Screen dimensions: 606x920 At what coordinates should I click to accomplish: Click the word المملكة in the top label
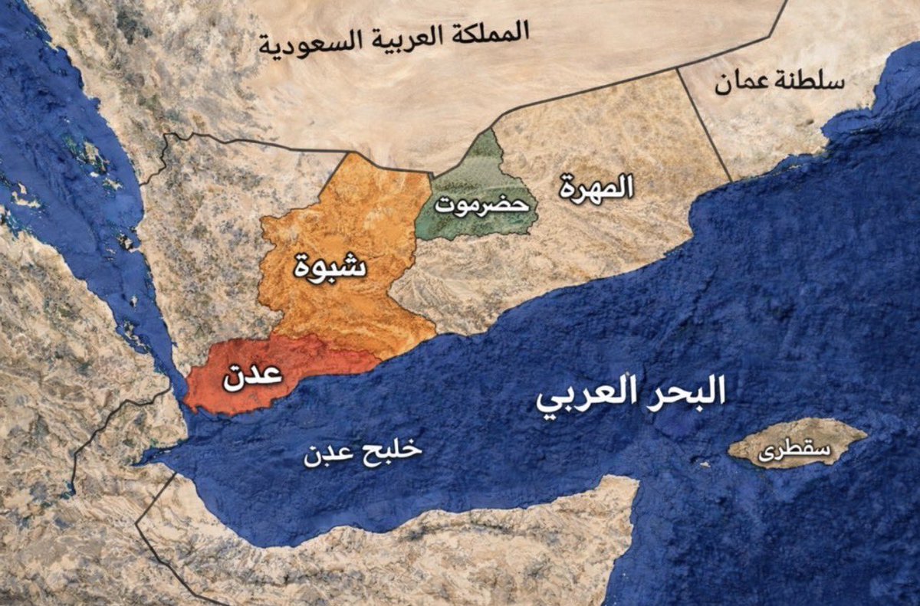coord(491,32)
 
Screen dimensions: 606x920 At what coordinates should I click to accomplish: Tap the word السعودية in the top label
coord(300,43)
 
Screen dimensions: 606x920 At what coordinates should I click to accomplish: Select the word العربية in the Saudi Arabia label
coord(398,38)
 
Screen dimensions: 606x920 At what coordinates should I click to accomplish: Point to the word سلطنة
coord(812,81)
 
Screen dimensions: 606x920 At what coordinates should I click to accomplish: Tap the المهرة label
coord(596,186)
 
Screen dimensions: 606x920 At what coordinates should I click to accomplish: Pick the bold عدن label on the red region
coord(251,378)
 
